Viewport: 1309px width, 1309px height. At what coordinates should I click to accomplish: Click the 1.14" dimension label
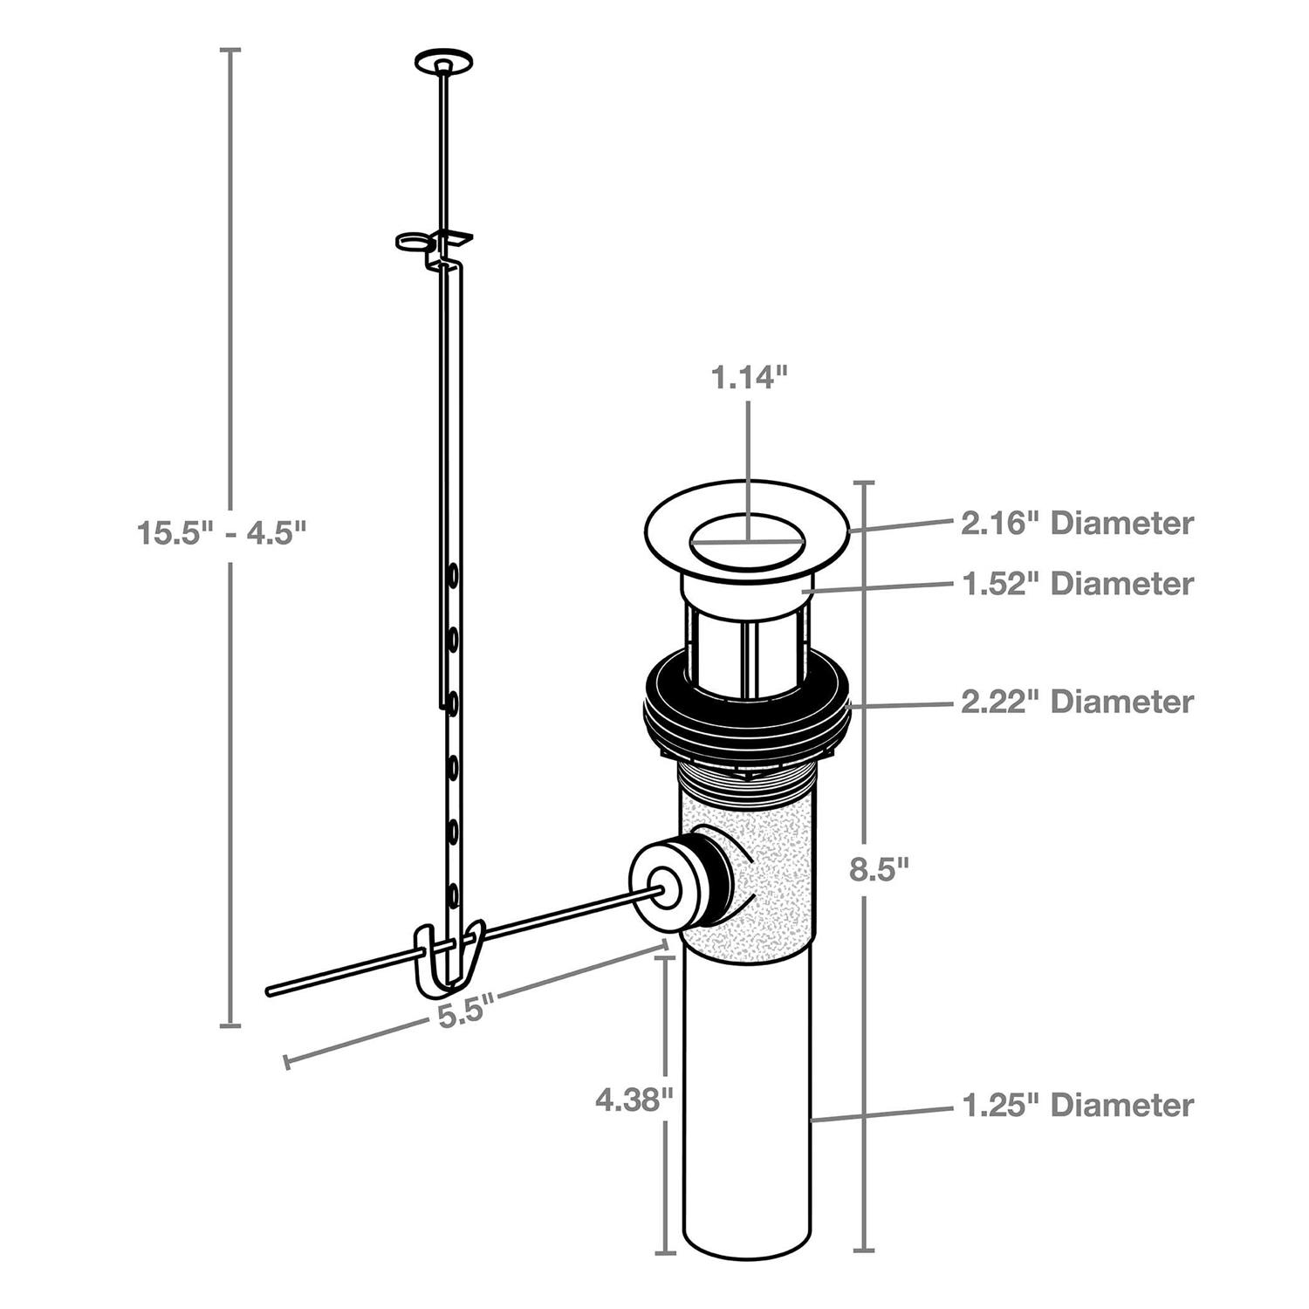click(x=749, y=378)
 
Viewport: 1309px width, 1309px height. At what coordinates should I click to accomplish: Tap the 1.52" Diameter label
click(x=1077, y=583)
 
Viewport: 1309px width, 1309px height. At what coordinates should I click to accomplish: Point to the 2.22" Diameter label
click(x=1077, y=702)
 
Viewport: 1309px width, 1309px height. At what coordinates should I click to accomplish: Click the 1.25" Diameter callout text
click(x=1077, y=1105)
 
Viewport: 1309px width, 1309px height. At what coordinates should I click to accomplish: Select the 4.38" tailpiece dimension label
click(x=634, y=1100)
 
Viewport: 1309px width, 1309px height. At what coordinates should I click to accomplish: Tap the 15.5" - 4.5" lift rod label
click(x=223, y=532)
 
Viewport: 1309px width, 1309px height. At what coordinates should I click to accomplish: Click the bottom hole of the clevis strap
click(x=453, y=894)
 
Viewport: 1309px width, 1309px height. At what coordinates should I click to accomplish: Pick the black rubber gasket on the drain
click(x=746, y=707)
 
